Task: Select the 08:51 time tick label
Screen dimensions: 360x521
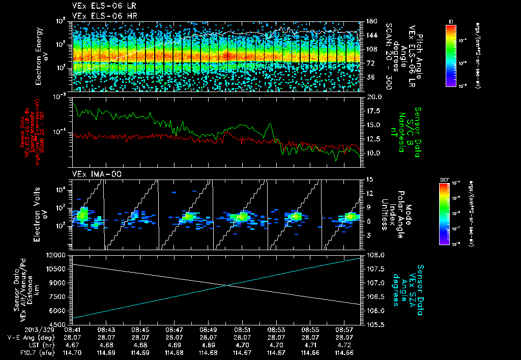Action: coord(242,330)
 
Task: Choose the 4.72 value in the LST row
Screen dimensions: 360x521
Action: coord(344,345)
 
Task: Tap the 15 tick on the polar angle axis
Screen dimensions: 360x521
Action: coord(369,179)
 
